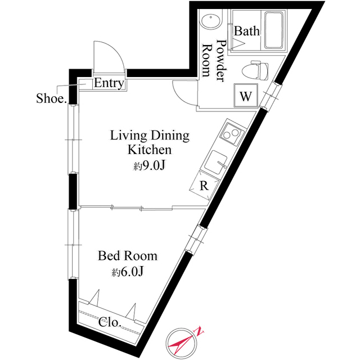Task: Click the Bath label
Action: [x=247, y=31]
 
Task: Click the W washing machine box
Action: [x=246, y=96]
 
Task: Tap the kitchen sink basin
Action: [x=216, y=163]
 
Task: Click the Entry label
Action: [x=109, y=83]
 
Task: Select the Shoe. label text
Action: [x=51, y=98]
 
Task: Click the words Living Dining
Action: [x=150, y=136]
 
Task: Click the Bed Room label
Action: [x=128, y=256]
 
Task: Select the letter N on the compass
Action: [x=200, y=332]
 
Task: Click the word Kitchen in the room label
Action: [x=150, y=150]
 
